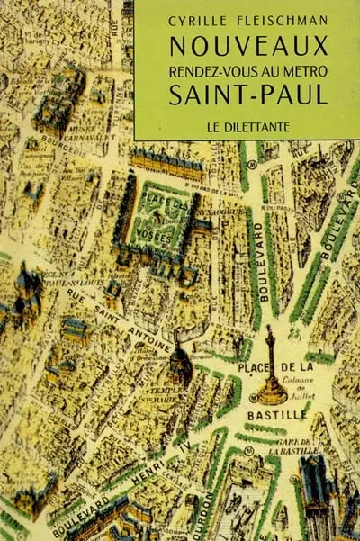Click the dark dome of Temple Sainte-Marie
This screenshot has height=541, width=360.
tap(180, 364)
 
